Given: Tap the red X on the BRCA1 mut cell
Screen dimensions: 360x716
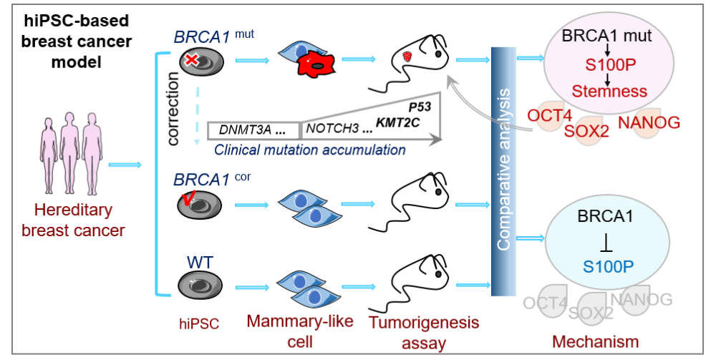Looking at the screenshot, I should [192, 62].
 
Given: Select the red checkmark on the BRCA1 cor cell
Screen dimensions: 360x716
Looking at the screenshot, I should [188, 202].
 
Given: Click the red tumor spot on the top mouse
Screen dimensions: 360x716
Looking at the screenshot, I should [407, 57].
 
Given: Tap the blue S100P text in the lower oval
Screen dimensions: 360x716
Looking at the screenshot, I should [609, 266].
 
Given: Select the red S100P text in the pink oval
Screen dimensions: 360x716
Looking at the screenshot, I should [607, 65].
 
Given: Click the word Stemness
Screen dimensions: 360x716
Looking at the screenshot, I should [609, 91].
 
